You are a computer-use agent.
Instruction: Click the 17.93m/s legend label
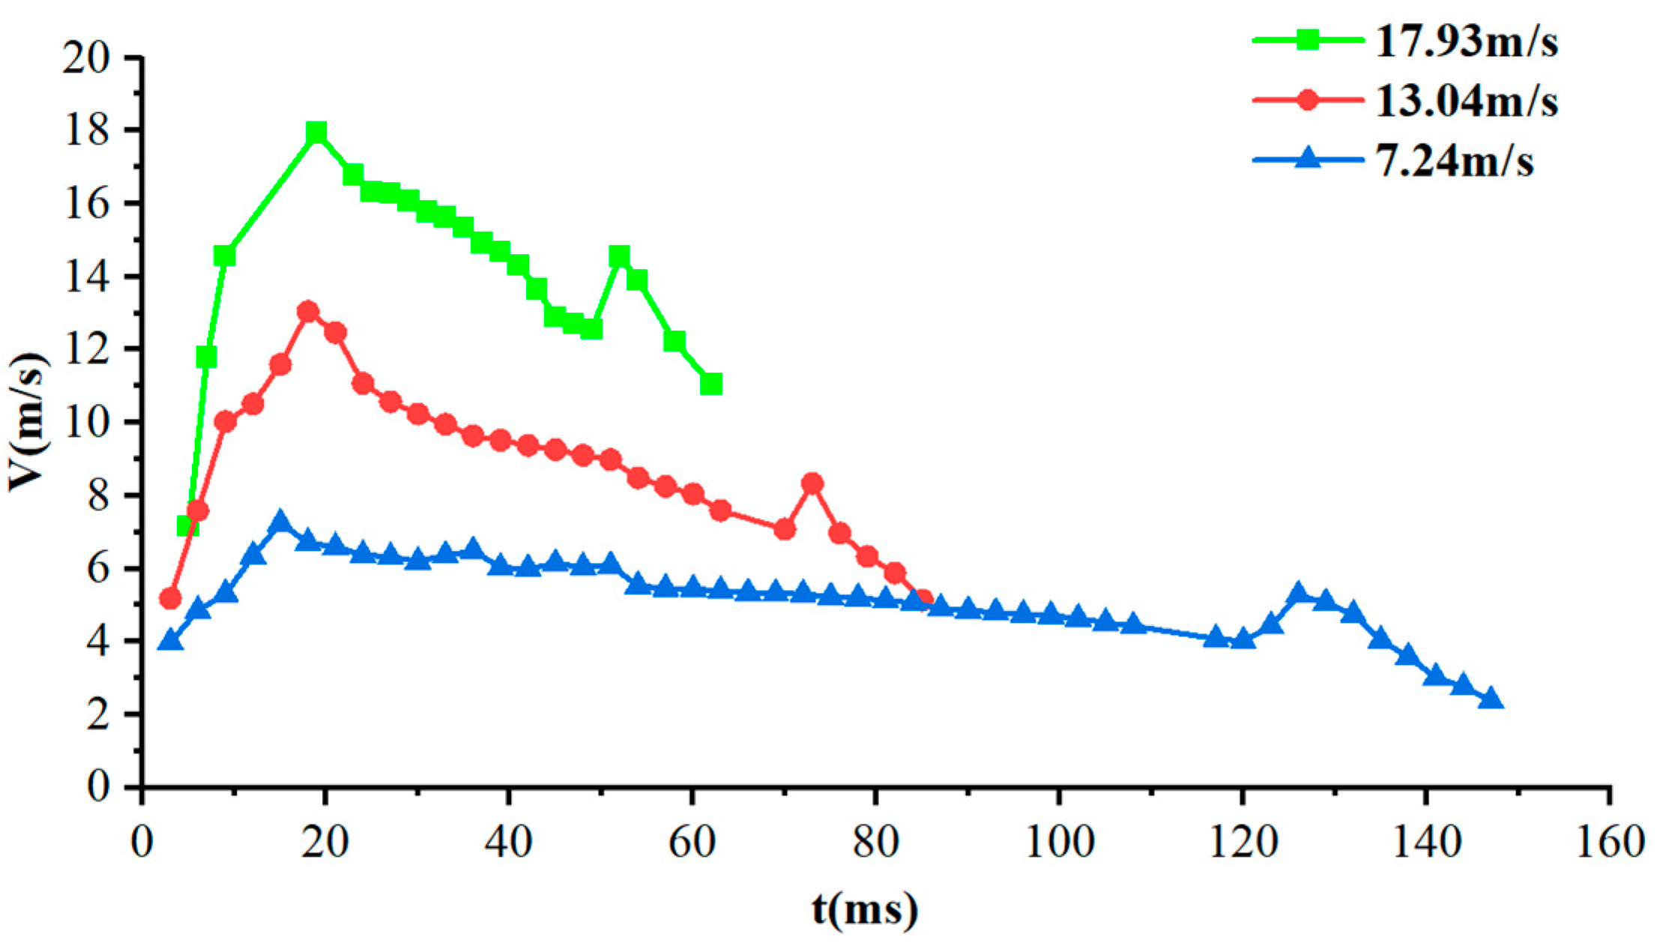[1466, 40]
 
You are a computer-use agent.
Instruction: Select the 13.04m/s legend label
[1466, 100]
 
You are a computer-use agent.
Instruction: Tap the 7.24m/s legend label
[1454, 161]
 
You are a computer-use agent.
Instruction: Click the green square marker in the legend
[1308, 40]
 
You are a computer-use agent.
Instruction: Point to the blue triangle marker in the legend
[1308, 158]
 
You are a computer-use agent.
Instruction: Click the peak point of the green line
[316, 133]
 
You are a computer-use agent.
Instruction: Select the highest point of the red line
[308, 312]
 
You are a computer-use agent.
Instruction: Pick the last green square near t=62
[711, 384]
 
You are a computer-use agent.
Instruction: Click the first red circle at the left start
[170, 598]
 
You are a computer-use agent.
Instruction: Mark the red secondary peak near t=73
[812, 483]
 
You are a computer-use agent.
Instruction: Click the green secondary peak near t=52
[619, 256]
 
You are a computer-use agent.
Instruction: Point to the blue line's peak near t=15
[280, 521]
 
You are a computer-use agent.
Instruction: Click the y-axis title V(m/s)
[28, 422]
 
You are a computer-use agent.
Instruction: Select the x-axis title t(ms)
[864, 910]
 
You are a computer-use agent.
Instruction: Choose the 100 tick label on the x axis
[1059, 842]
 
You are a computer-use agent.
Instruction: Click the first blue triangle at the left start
[170, 641]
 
